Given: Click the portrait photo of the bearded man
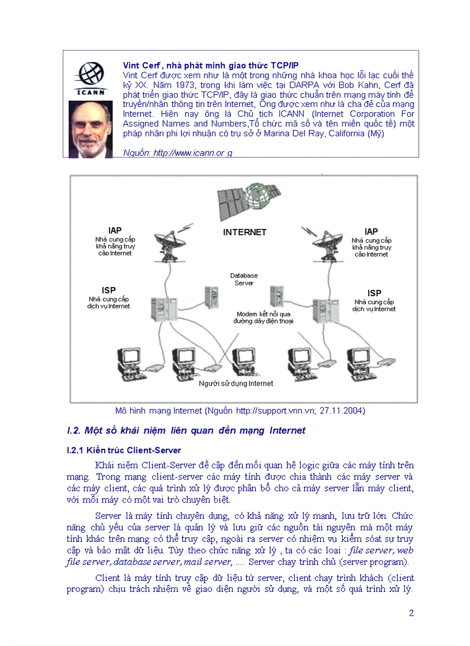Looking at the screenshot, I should coord(90,129).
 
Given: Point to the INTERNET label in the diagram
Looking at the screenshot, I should coord(245,232).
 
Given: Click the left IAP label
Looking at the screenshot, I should coord(115,231).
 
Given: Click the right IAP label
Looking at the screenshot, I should coord(372,231).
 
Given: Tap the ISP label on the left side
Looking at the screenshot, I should coord(108,290).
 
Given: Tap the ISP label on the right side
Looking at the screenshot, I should coord(374,293).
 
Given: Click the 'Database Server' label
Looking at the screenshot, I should coord(244,279).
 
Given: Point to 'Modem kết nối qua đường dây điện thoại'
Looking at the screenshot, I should coord(264,318).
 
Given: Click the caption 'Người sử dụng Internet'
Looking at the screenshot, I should coord(236,383).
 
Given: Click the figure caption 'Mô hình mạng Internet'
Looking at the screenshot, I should coord(240,411).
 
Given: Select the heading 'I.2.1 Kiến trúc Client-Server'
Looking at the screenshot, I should coord(124,450).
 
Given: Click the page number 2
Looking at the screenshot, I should coord(411,613).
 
